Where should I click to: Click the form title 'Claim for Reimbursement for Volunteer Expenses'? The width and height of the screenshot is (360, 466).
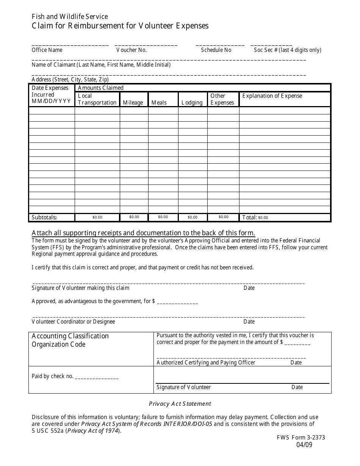(x=120, y=26)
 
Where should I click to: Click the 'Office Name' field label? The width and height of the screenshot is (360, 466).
(x=47, y=50)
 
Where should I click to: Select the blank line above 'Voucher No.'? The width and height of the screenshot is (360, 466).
(x=146, y=45)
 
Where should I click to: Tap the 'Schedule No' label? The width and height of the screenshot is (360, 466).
(x=216, y=50)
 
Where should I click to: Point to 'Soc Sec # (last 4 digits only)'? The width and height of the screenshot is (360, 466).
(x=287, y=50)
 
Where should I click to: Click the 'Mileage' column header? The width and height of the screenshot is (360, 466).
(x=133, y=103)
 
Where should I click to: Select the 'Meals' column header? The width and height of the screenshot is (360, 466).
(x=159, y=103)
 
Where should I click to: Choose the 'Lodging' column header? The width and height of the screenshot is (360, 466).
(x=192, y=103)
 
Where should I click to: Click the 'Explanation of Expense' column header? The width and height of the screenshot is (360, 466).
(x=272, y=96)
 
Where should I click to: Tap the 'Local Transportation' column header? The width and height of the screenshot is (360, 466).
(x=97, y=99)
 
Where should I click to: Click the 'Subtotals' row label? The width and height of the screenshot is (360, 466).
(x=44, y=217)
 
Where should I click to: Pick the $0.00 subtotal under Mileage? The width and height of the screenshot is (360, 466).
(x=134, y=217)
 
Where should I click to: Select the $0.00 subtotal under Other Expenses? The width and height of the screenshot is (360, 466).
(x=224, y=217)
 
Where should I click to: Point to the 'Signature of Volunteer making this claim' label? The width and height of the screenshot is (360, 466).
(x=80, y=288)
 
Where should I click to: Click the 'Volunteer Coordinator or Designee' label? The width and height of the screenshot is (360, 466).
(x=73, y=322)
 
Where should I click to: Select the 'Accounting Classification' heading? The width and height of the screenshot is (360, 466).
(x=70, y=336)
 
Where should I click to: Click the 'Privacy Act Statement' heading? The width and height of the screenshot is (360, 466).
(x=180, y=404)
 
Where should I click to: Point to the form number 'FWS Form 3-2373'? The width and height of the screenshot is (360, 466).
(x=301, y=437)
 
